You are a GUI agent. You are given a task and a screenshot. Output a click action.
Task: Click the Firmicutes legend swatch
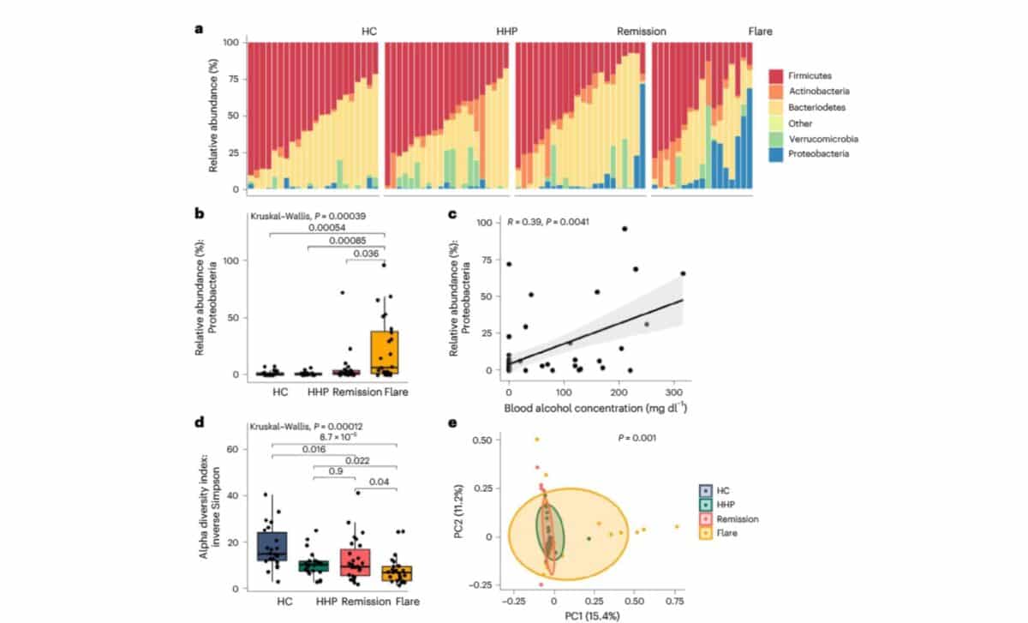[776, 75]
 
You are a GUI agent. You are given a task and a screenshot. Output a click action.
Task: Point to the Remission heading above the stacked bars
[642, 32]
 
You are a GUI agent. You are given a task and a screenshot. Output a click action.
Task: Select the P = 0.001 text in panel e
[637, 438]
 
